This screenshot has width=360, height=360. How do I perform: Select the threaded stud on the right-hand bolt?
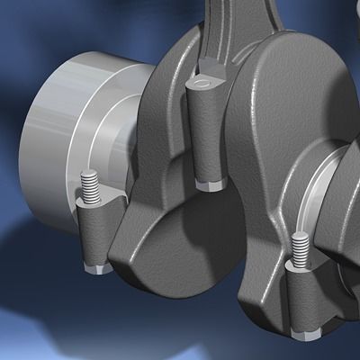coord(300,244)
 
